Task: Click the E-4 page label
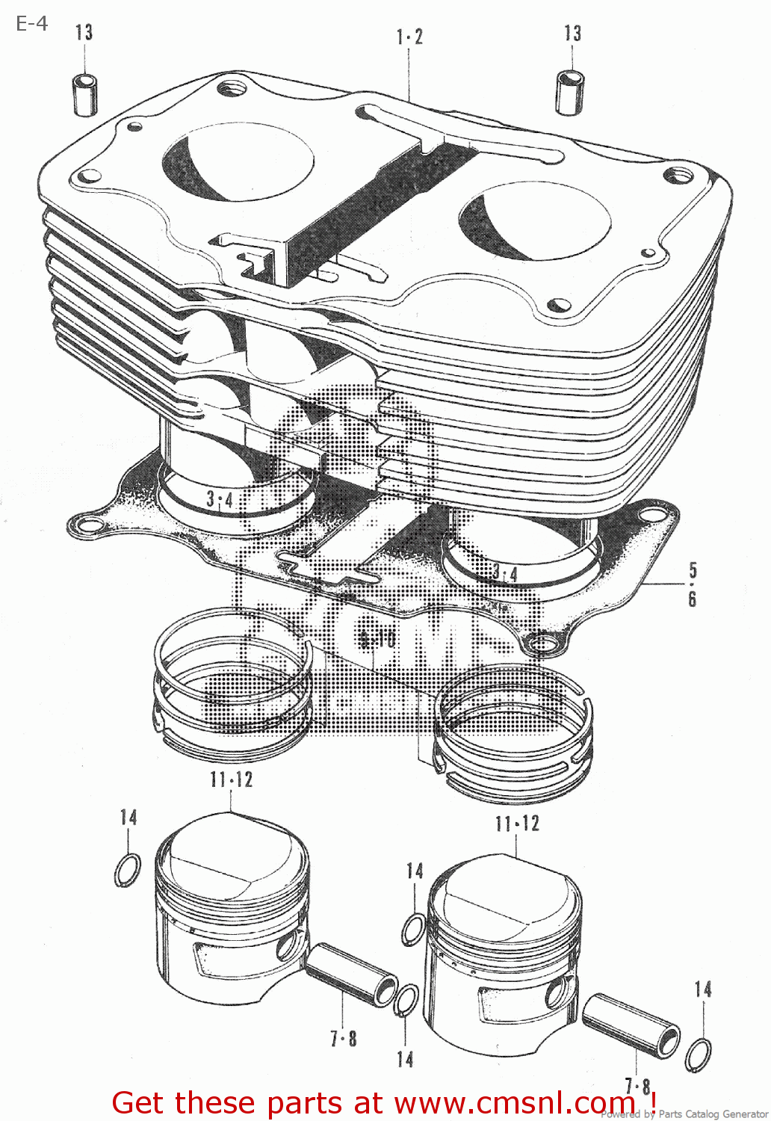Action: [31, 24]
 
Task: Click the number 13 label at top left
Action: [84, 32]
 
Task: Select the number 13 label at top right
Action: [573, 33]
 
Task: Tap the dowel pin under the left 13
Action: [85, 94]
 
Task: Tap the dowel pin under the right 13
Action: [570, 92]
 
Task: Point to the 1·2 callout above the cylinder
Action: [409, 37]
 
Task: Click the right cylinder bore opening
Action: [535, 221]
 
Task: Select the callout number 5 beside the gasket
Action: [693, 570]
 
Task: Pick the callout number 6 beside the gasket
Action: [693, 599]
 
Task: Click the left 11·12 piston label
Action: [232, 780]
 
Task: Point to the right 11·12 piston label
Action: [517, 824]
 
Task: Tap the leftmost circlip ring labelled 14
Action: [128, 870]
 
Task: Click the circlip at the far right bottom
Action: [699, 1054]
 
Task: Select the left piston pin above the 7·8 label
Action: [352, 973]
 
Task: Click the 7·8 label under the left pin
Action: [344, 1039]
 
